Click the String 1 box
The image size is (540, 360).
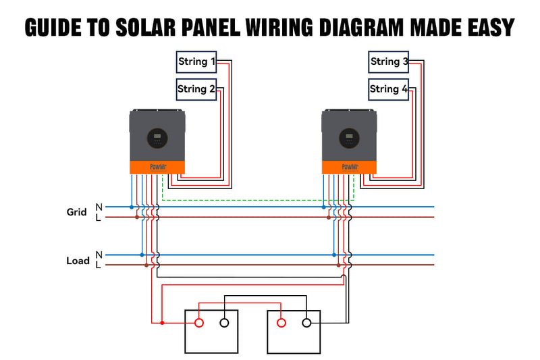coord(197,62)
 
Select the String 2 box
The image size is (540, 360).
coord(196,88)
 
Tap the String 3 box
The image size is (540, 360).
coord(389,62)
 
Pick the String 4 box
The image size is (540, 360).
coord(389,88)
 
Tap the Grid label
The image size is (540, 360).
coord(76,212)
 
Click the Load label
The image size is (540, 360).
coord(78,261)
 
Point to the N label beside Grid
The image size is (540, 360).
coord(99,207)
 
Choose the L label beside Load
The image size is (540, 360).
coord(99,265)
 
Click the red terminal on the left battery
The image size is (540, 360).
coord(199,323)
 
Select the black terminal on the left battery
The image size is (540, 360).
coord(224,323)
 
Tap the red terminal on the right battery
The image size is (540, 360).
coord(281,323)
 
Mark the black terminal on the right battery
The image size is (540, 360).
coord(306,323)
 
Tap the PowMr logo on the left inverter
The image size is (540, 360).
coord(157,167)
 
